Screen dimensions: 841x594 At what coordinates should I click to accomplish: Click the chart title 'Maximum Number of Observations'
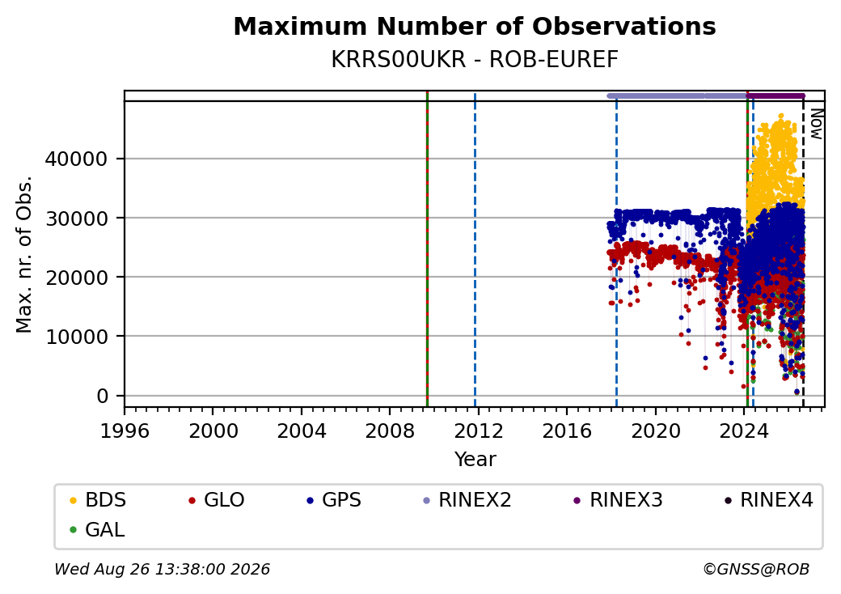[x=475, y=26]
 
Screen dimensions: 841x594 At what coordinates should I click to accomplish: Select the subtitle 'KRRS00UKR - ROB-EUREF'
[x=475, y=60]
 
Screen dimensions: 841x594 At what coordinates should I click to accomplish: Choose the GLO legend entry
[x=217, y=500]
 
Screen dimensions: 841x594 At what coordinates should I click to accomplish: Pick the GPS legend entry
[x=334, y=500]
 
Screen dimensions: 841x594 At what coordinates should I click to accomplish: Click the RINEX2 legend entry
[x=467, y=500]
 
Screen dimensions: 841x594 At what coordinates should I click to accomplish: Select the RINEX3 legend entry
[x=619, y=500]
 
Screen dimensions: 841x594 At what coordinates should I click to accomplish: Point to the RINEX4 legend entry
[x=769, y=500]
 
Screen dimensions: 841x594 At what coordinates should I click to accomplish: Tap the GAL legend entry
[x=98, y=529]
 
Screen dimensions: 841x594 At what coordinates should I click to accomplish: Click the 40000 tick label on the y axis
[x=76, y=159]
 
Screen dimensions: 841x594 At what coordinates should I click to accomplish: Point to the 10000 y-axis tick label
[x=76, y=337]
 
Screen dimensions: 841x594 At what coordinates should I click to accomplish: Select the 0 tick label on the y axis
[x=103, y=396]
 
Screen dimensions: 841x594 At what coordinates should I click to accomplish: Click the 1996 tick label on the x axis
[x=125, y=431]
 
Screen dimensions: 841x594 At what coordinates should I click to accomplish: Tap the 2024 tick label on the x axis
[x=744, y=431]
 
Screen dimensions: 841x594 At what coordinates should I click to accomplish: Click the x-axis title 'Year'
[x=475, y=460]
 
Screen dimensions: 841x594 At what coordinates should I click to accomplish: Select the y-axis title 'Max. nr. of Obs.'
[x=24, y=254]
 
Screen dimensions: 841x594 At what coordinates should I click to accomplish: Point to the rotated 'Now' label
[x=816, y=124]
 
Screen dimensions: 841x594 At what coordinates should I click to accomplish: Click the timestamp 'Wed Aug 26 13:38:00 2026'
[x=163, y=569]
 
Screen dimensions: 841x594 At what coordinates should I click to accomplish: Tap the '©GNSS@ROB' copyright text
[x=756, y=569]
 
